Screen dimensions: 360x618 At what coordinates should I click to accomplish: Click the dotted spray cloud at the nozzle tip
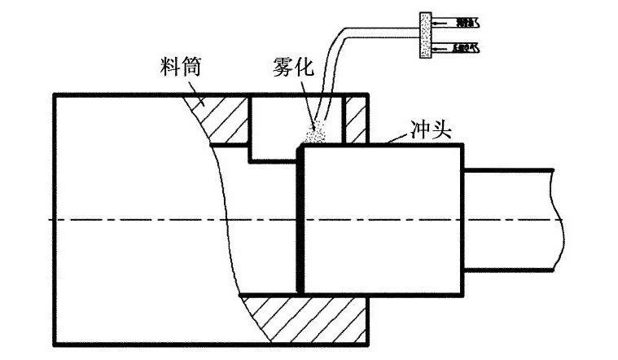point(316,130)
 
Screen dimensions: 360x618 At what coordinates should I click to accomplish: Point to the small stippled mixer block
point(423,35)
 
